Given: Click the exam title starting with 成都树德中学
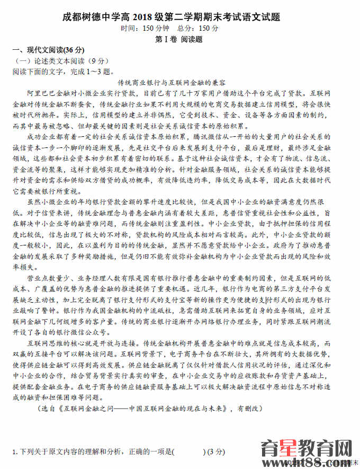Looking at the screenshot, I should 180,16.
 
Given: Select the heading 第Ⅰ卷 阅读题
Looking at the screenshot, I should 180,39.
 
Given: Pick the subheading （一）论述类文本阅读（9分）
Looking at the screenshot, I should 59,61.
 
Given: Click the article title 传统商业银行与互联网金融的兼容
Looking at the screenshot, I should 180,83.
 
